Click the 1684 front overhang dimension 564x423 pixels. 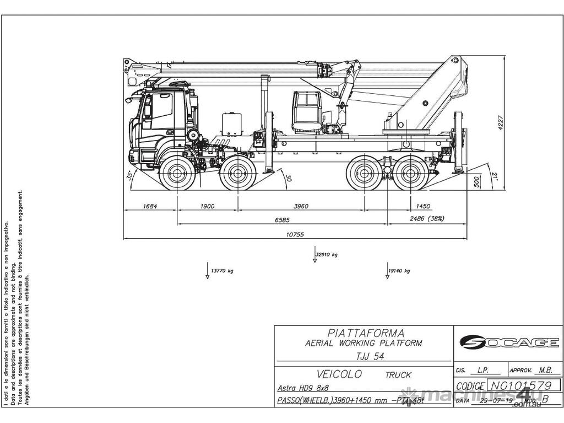[x=150, y=207]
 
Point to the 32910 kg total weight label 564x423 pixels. [x=327, y=254]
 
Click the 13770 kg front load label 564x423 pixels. [x=223, y=271]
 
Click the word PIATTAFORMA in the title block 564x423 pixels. [x=366, y=333]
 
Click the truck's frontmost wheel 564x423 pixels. [x=178, y=175]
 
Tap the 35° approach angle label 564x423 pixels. [x=129, y=176]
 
